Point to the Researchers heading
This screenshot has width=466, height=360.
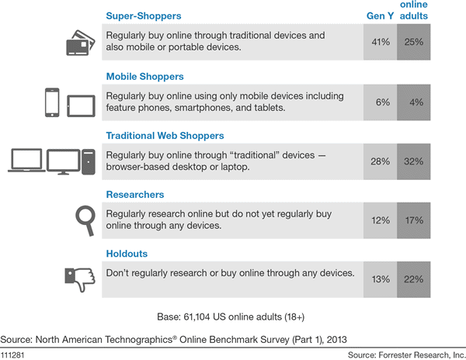[135, 195]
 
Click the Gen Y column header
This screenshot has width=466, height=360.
[380, 16]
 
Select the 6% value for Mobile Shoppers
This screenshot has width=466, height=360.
[381, 102]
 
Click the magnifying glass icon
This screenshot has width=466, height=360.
[80, 221]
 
